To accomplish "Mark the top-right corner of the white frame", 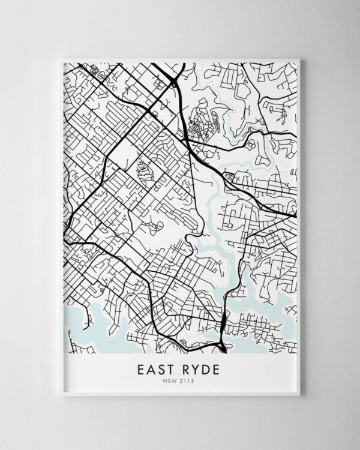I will pyautogui.click(x=299, y=59).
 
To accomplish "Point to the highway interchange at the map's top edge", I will pyautogui.click(x=174, y=76).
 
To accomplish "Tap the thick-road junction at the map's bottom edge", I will pyautogui.click(x=222, y=346).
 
